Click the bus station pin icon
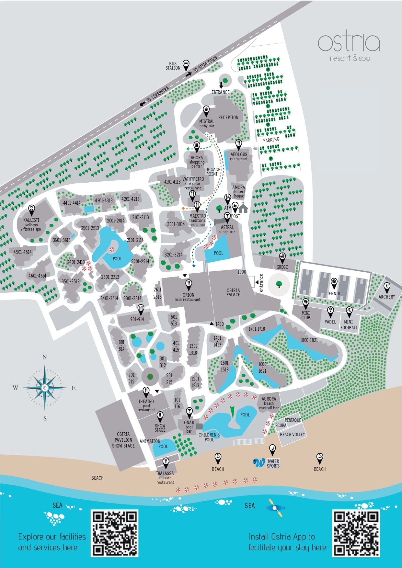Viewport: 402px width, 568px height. point(186,64)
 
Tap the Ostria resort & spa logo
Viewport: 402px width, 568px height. point(349,47)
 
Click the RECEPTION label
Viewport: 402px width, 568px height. point(228,118)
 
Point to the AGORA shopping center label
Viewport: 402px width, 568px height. point(197,162)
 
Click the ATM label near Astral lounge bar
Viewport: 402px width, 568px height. point(228,208)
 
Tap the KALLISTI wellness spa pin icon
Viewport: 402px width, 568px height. point(31,210)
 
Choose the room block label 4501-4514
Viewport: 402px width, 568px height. point(23,252)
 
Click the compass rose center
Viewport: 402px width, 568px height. point(45,388)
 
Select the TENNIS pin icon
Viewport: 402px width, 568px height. point(334,283)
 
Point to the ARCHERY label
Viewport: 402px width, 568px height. point(387,297)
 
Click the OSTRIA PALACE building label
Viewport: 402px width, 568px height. point(233,292)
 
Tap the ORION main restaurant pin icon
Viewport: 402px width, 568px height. point(189,284)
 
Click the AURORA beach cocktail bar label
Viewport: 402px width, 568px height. point(269,403)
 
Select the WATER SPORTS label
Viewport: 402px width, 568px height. point(273,463)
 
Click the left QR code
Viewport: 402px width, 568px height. point(115,533)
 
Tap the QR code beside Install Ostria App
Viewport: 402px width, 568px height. point(356,533)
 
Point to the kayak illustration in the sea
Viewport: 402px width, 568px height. point(276,507)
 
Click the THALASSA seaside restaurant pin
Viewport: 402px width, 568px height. point(166,462)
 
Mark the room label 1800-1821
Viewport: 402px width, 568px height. point(309,340)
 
